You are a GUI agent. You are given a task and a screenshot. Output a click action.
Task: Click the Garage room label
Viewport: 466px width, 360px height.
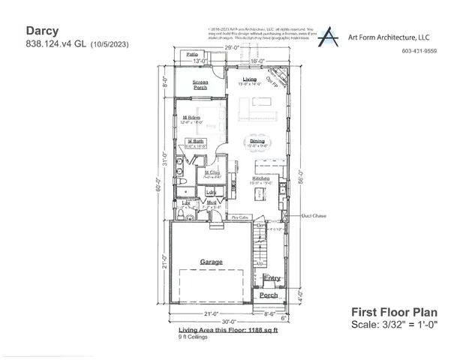(x=211, y=262)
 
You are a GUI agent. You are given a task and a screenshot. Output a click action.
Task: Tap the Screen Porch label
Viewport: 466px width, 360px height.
(x=200, y=84)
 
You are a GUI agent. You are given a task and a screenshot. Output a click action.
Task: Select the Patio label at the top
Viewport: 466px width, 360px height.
(x=192, y=55)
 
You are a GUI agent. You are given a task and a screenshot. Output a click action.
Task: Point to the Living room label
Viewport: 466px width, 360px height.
(x=249, y=79)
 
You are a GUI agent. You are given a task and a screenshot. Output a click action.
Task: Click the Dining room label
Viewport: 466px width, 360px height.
(x=257, y=140)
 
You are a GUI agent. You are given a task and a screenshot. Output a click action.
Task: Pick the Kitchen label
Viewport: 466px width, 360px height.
(x=260, y=178)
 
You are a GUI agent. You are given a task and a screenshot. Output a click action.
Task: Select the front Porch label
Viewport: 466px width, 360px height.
(x=269, y=295)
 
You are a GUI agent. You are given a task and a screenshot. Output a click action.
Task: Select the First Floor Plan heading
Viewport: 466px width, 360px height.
(x=394, y=312)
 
